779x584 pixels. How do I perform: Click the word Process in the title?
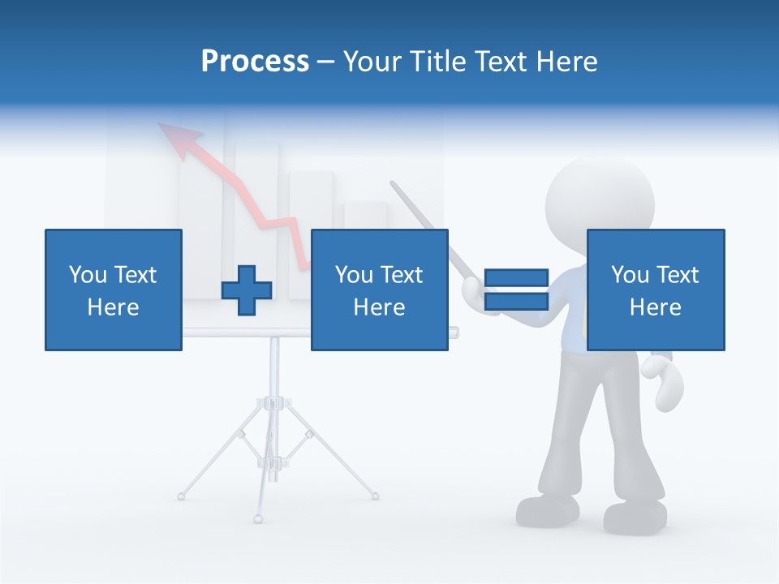click(255, 61)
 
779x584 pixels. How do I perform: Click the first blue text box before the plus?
click(114, 290)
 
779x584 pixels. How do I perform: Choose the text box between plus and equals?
click(380, 290)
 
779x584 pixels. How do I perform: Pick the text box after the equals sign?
click(656, 290)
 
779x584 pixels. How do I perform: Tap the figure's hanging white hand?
click(663, 381)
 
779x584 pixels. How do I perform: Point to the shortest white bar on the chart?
click(365, 216)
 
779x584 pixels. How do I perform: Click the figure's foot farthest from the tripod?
click(635, 517)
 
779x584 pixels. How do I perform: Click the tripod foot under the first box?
click(181, 495)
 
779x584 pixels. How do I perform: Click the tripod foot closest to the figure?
click(375, 495)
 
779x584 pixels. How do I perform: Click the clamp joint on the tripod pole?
click(274, 403)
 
